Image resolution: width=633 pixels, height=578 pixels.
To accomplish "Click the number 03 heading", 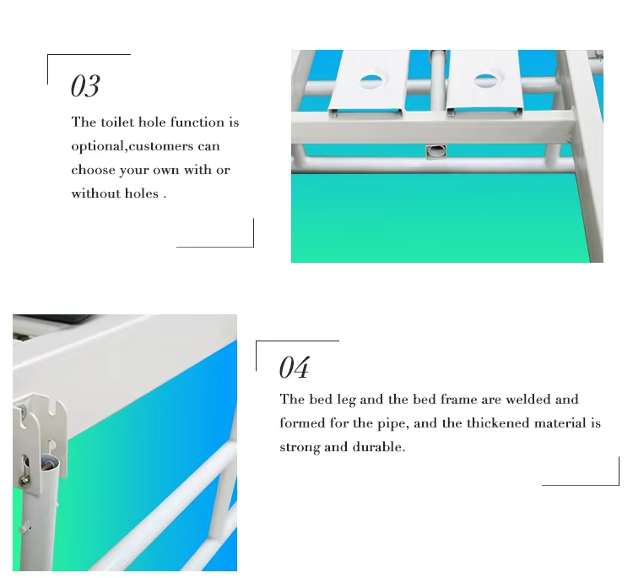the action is click(x=85, y=85).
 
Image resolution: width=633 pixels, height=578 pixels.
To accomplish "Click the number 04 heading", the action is click(x=295, y=367).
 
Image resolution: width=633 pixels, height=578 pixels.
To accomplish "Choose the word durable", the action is click(x=379, y=447).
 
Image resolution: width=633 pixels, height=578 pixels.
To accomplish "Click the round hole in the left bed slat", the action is click(x=371, y=82).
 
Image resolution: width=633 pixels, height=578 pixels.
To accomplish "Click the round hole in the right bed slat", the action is click(x=485, y=80).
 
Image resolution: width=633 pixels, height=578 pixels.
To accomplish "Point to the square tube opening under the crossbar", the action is click(x=436, y=151).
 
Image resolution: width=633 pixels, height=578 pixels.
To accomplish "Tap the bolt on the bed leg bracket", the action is click(x=24, y=479).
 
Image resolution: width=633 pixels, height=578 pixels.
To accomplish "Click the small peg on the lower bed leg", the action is click(x=24, y=528).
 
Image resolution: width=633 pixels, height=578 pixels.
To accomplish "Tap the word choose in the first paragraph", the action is click(x=93, y=170).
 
